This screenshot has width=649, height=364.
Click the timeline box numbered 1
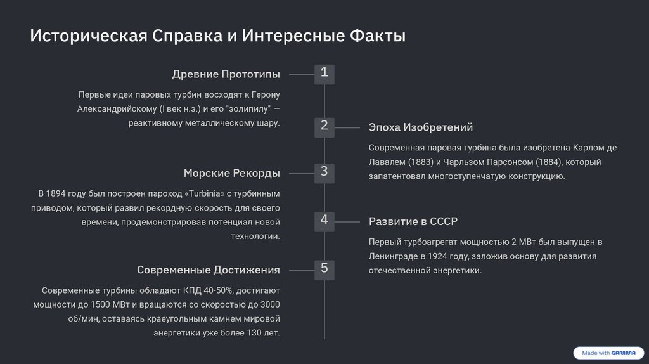324,74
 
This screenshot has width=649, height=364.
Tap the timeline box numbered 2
324,127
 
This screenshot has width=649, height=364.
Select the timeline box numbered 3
324,172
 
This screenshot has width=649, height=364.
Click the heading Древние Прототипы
226,75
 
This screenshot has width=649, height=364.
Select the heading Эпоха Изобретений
421,127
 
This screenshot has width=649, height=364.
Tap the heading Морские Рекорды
231,173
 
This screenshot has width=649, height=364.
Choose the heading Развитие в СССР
413,221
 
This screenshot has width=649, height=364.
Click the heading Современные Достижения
208,270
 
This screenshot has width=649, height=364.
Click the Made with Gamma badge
605,353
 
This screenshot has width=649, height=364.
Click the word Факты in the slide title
378,36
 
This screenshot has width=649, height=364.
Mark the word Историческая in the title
89,36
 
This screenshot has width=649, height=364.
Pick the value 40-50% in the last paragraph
217,290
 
